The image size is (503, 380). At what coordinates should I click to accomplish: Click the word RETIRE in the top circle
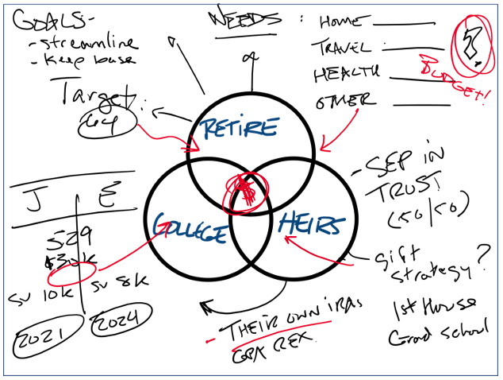pyautogui.click(x=239, y=128)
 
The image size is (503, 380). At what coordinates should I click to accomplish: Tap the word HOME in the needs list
pyautogui.click(x=344, y=21)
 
